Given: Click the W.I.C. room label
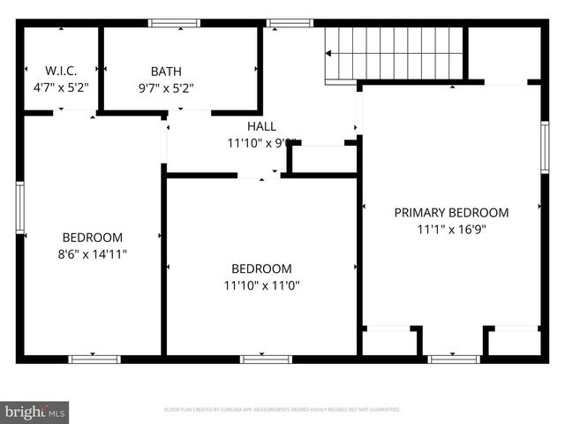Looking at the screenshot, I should (61, 71).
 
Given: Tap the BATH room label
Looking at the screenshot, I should (166, 71).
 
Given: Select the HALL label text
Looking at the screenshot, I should (261, 126).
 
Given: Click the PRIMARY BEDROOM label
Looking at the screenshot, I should (451, 212).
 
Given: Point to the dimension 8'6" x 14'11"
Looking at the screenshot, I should (93, 254).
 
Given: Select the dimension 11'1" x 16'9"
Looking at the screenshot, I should (451, 228).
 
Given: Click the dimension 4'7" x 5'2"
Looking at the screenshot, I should (61, 87).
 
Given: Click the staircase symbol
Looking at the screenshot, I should (395, 52).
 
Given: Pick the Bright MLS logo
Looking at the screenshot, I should (35, 411).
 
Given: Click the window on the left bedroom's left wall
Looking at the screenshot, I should (20, 208).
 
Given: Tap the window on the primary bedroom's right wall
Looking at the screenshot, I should (544, 147).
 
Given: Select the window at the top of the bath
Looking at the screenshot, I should (174, 23).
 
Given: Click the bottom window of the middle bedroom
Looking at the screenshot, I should (266, 359).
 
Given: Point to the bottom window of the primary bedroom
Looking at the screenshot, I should (454, 359).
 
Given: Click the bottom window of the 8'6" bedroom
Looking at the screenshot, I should (94, 359).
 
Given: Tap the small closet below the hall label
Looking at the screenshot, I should (323, 160).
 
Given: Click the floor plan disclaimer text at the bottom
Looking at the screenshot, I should (282, 410).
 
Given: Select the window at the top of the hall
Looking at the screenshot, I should (290, 23).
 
